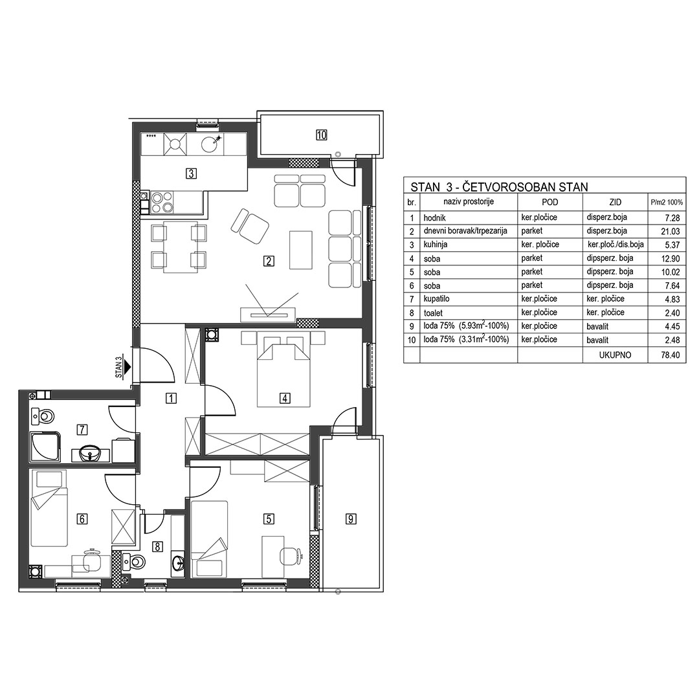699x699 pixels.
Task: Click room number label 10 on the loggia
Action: pos(322,135)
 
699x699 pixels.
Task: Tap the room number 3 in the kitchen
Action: pos(191,173)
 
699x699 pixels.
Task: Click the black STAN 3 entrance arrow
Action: pos(128,367)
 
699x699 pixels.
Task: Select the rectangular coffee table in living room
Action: pos(300,250)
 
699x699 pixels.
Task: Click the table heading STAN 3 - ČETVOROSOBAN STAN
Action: pos(499,187)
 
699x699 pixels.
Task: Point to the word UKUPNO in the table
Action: pos(616,355)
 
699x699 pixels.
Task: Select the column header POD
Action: pos(549,202)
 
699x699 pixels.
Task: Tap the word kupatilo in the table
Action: pos(436,299)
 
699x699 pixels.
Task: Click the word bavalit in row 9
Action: pos(597,326)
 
